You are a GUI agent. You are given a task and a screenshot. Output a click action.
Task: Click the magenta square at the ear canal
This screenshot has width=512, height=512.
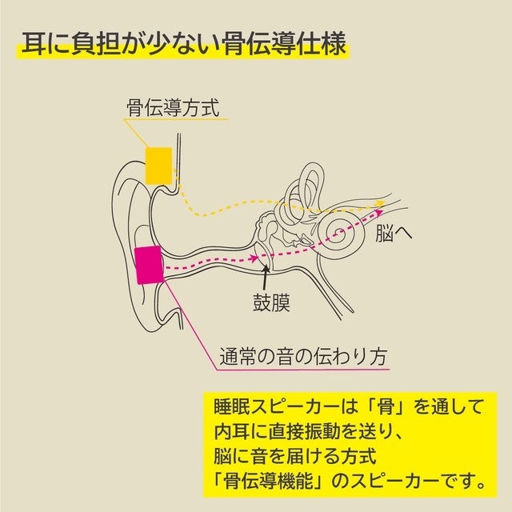149,266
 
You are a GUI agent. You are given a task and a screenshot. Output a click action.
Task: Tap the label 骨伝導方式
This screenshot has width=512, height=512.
172,106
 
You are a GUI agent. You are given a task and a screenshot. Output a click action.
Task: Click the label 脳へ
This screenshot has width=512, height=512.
397,234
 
